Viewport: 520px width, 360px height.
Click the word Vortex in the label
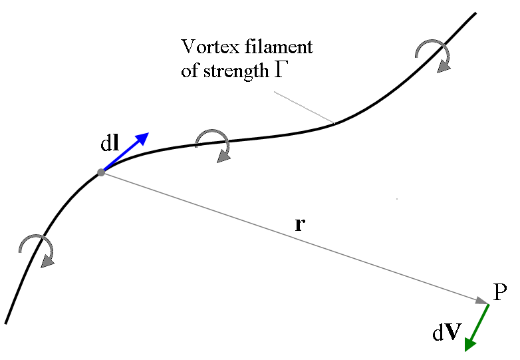(x=210, y=47)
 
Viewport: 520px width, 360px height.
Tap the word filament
(x=279, y=46)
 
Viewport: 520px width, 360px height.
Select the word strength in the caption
(x=236, y=71)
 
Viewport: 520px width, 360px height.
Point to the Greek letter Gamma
(x=279, y=70)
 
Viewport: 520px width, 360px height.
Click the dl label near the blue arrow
(x=110, y=143)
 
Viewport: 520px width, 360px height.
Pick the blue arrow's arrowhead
(x=143, y=138)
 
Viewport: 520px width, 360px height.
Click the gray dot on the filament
(x=101, y=172)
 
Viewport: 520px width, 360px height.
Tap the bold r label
(x=300, y=225)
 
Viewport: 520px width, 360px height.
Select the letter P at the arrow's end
(x=500, y=292)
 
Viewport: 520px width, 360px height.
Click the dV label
(x=447, y=332)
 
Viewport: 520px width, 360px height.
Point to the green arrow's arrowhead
(x=470, y=345)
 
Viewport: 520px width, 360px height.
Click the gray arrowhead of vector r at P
(x=482, y=301)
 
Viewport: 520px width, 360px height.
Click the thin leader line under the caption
(x=304, y=107)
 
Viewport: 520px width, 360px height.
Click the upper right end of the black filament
(x=475, y=13)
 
